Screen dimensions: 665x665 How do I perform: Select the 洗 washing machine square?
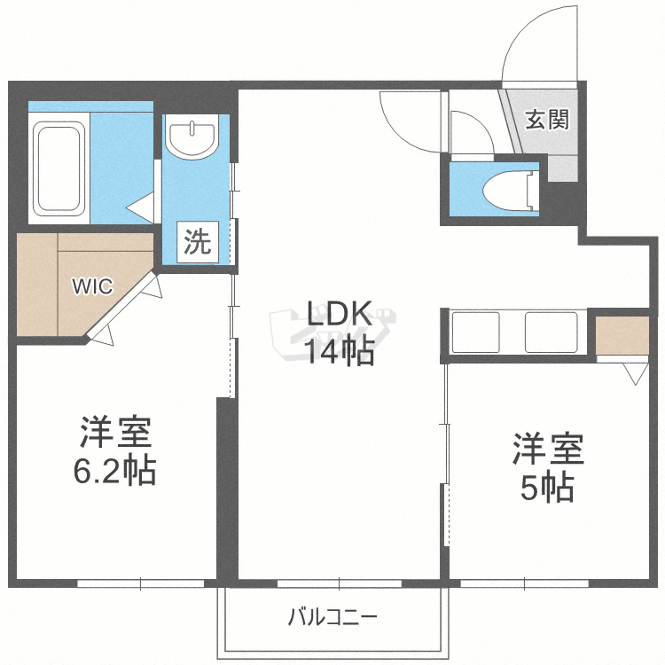pos(198,242)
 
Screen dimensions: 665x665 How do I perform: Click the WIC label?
pos(92,286)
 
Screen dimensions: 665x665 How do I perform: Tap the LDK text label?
pos(339,315)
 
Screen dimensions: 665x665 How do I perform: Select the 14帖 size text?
pos(339,352)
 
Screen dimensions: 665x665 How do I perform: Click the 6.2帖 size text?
pos(114,471)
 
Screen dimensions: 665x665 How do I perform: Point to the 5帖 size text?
pos(546,488)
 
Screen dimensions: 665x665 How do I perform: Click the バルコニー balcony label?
pos(332,616)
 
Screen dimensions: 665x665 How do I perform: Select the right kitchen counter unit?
pos(552,332)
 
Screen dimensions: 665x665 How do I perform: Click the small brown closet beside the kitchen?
pos(622,333)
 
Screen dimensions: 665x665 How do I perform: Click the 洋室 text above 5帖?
pos(547,450)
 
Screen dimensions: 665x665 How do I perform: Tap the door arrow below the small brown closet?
pos(635,374)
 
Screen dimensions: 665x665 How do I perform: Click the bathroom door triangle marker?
pos(140,209)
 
